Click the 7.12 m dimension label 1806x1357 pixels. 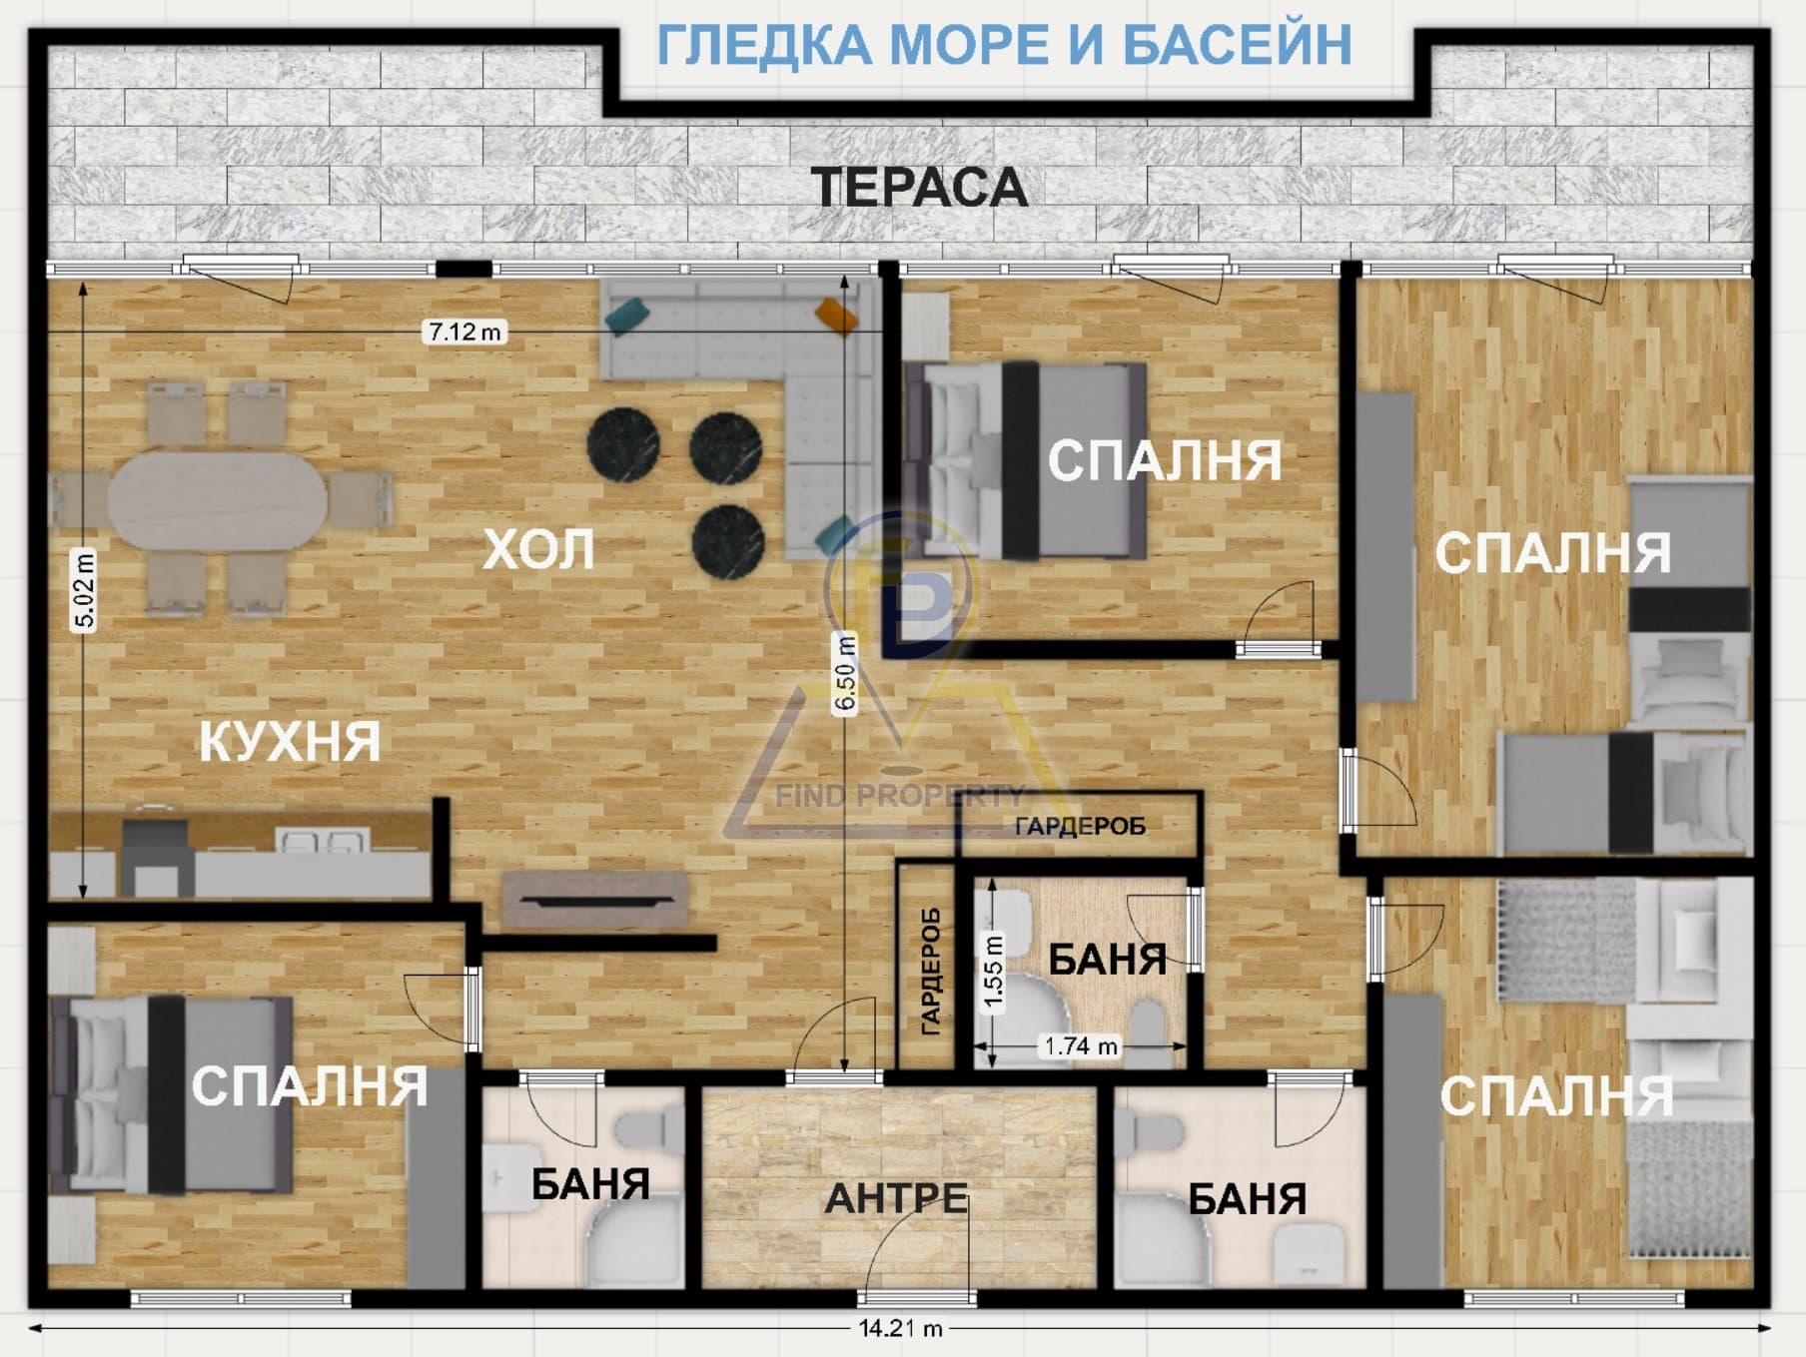[464, 332]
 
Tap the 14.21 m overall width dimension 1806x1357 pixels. [901, 1329]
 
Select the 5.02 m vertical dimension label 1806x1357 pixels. [85, 590]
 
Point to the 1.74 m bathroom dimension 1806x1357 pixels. [1081, 1046]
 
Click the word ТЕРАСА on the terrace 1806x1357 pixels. [919, 188]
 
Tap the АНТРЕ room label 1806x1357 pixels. [896, 1198]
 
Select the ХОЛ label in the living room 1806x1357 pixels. [538, 549]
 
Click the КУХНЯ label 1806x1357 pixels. [290, 742]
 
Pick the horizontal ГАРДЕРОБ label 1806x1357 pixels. [1080, 826]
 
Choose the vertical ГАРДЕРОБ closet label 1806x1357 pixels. [930, 971]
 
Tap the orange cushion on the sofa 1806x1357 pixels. [836, 315]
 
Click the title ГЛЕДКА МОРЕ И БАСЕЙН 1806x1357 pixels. [1004, 45]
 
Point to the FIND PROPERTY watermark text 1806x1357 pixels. [900, 796]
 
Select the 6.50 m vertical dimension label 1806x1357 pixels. [845, 674]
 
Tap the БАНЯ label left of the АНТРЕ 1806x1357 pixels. [590, 1184]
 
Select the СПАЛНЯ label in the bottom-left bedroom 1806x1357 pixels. [310, 1086]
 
